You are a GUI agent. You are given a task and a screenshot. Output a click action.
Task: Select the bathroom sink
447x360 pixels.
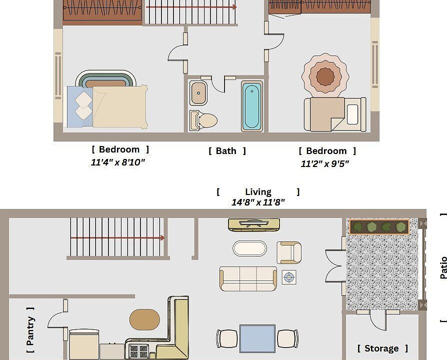point(198,93)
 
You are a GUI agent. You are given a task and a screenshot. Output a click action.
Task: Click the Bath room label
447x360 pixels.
point(227,151)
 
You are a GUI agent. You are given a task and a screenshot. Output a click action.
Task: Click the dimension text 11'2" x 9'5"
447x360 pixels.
point(324,163)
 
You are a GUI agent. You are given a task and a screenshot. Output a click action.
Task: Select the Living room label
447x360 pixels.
point(258,191)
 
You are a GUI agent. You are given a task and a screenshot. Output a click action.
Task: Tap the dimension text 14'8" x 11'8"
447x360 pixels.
point(258,202)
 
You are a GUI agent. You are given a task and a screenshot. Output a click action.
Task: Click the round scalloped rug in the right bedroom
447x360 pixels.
point(325,75)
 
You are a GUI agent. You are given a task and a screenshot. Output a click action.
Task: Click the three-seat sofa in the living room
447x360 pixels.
point(248,278)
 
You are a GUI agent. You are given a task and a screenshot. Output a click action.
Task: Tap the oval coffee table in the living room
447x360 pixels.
point(249,248)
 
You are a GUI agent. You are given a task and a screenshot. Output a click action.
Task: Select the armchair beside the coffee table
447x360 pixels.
point(289,252)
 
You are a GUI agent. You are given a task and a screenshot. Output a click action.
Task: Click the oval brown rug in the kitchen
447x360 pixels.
point(144,319)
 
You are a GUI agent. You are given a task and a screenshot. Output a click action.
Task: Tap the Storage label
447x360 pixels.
point(382,348)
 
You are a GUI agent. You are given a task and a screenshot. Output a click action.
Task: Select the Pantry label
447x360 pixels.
point(30,330)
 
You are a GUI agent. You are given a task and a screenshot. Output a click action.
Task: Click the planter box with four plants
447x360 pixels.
point(378,227)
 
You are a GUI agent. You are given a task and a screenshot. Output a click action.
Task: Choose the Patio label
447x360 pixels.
point(443,267)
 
